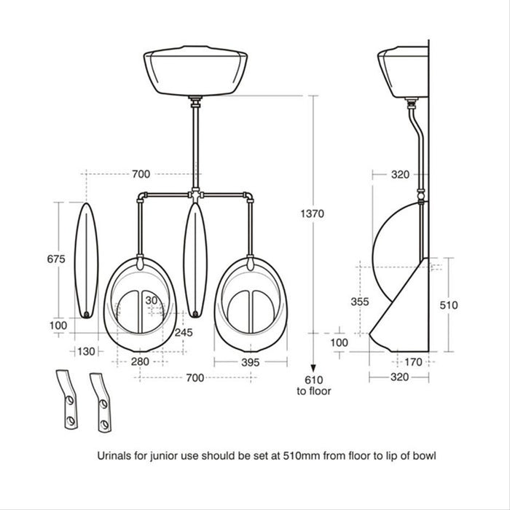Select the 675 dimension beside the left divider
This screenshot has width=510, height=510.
coord(57,259)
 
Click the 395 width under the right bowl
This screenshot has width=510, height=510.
coord(250,362)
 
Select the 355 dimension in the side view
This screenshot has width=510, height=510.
coord(358,301)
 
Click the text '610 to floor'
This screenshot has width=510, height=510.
coord(313,385)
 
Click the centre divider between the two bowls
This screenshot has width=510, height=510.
coord(195,259)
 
